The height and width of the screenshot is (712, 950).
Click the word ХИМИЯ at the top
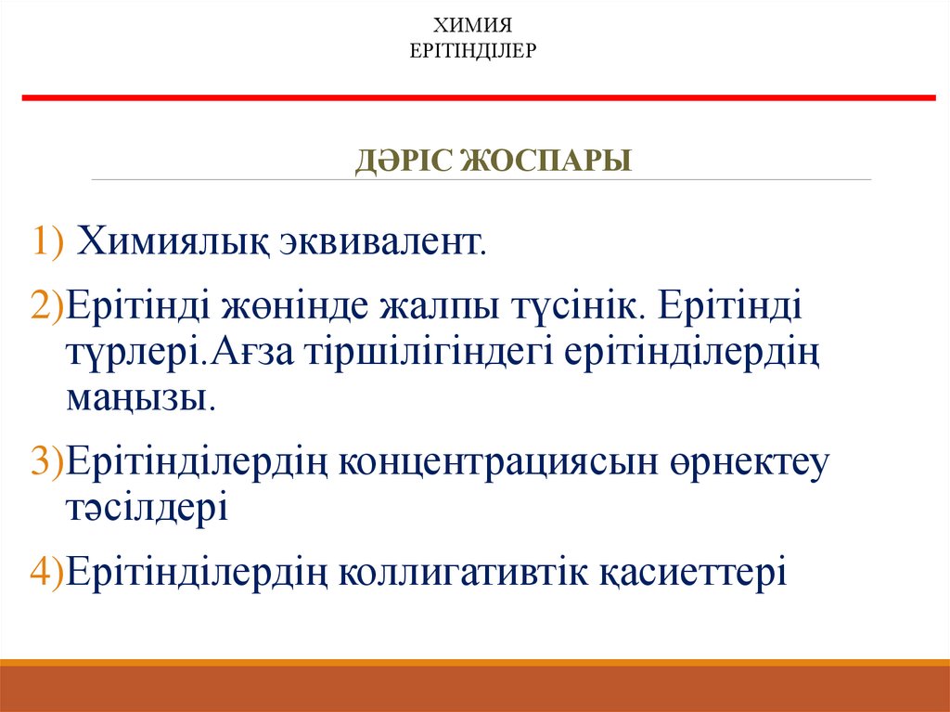(x=474, y=25)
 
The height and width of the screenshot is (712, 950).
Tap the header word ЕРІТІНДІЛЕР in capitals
(x=474, y=48)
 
